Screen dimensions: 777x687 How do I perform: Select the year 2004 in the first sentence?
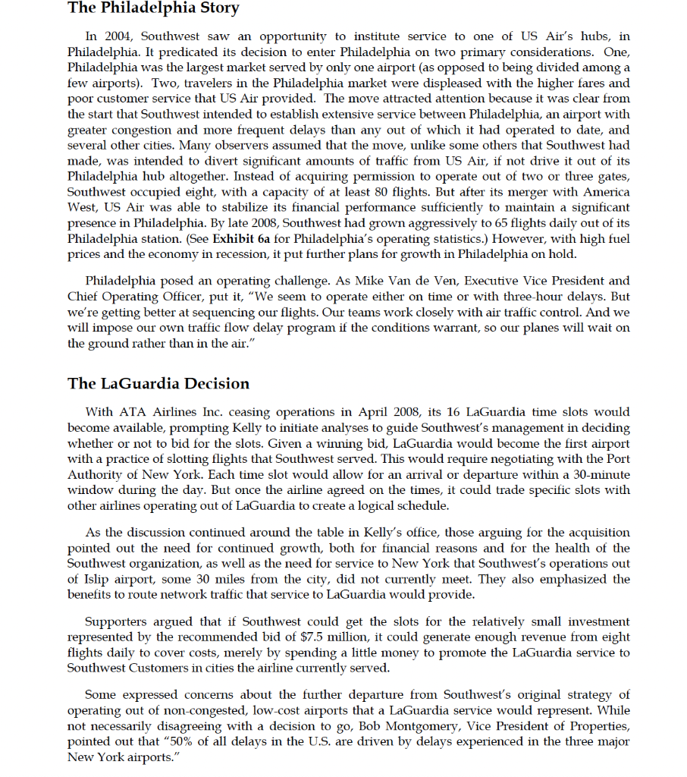pos(118,36)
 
